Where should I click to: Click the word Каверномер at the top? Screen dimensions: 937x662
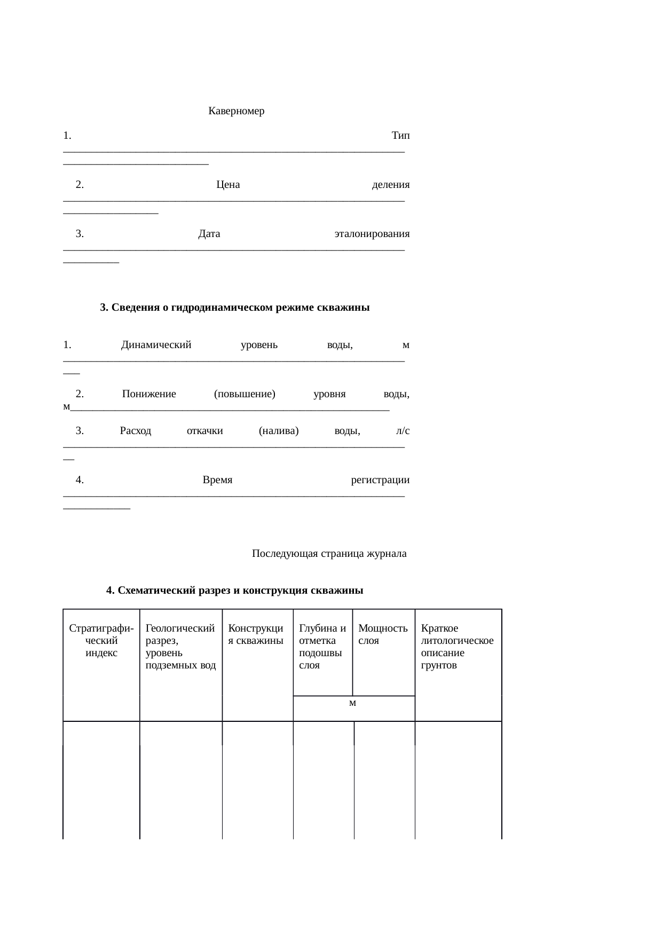tap(236, 112)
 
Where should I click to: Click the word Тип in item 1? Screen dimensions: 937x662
tap(400, 136)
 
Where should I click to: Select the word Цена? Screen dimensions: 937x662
tap(228, 185)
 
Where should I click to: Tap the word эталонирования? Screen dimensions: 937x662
tap(372, 234)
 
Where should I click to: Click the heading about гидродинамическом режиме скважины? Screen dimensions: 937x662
tap(235, 308)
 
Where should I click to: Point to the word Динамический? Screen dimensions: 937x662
tap(156, 345)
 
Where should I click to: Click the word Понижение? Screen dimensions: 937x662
tap(149, 394)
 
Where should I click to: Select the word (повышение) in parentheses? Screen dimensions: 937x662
tap(245, 394)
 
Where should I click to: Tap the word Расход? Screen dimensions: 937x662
tap(136, 430)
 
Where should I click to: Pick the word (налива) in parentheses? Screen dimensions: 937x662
tap(278, 430)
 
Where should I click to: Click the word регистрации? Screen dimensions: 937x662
tap(380, 479)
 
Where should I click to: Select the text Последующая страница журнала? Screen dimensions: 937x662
tap(329, 554)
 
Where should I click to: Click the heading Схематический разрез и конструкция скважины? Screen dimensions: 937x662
tap(235, 590)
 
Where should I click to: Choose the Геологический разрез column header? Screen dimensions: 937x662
tap(180, 647)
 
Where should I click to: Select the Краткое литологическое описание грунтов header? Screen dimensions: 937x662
tap(457, 647)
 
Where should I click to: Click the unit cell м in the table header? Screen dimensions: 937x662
tap(353, 703)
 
